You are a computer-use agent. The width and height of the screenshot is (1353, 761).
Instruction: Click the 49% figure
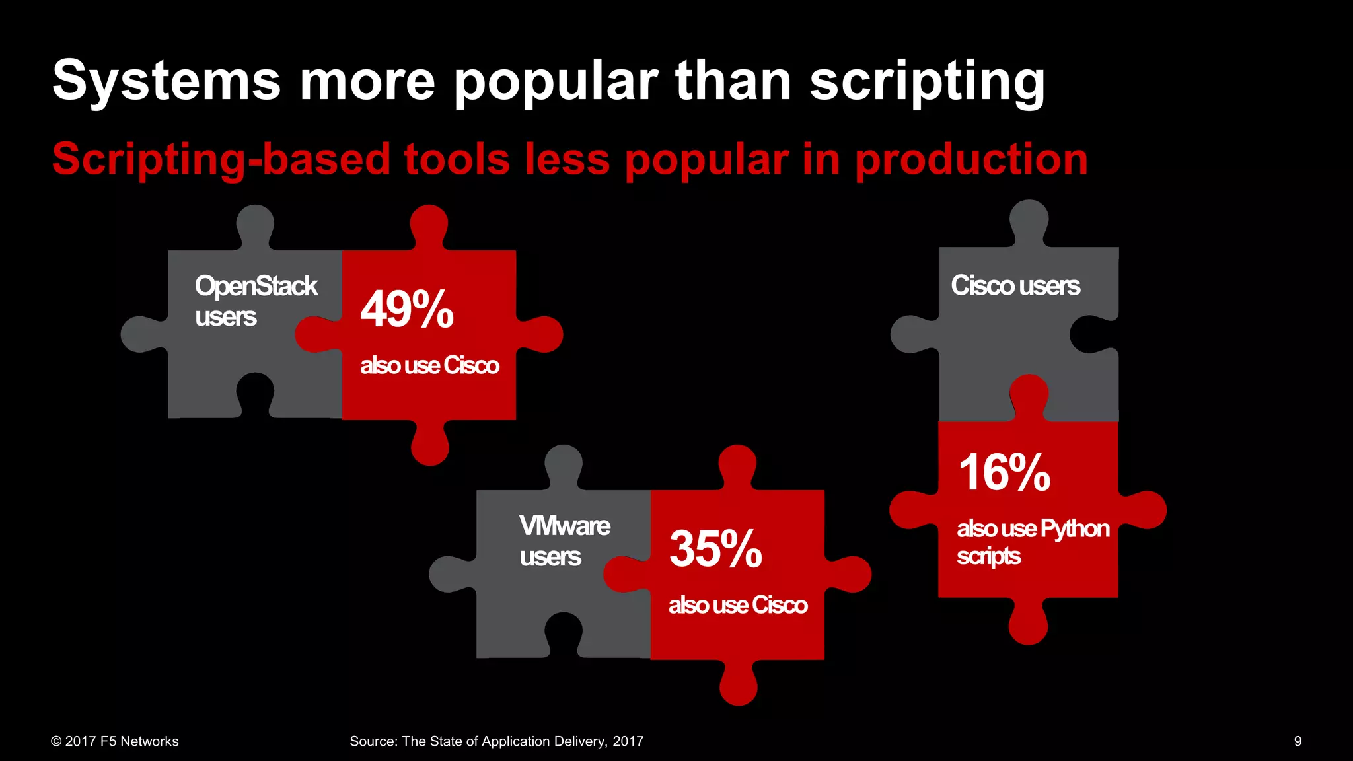pos(407,309)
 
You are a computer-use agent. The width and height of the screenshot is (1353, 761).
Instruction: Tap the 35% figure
pos(715,549)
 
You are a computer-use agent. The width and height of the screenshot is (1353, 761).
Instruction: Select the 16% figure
pos(1004,473)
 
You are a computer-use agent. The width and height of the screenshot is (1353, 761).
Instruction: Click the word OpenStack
pos(256,287)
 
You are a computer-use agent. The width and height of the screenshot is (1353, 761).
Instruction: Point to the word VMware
pos(565,526)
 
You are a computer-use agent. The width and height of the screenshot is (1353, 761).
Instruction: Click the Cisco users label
pos(1015,286)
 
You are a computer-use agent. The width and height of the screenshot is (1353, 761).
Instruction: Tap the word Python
pos(1075,529)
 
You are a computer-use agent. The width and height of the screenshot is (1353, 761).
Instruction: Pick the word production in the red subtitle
pos(971,160)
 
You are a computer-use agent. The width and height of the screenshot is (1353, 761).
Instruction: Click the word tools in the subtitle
pos(457,160)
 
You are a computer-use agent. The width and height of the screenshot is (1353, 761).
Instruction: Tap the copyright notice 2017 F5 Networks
pos(115,741)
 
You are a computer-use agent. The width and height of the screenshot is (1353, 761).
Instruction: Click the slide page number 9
pos(1298,741)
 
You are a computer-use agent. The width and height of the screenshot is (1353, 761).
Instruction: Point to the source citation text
pos(496,741)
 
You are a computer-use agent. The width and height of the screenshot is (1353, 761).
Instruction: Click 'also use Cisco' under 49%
pos(429,365)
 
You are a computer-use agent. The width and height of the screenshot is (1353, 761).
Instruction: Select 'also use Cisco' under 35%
pos(738,605)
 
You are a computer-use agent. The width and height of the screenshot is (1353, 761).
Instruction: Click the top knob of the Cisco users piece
pos(1029,219)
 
